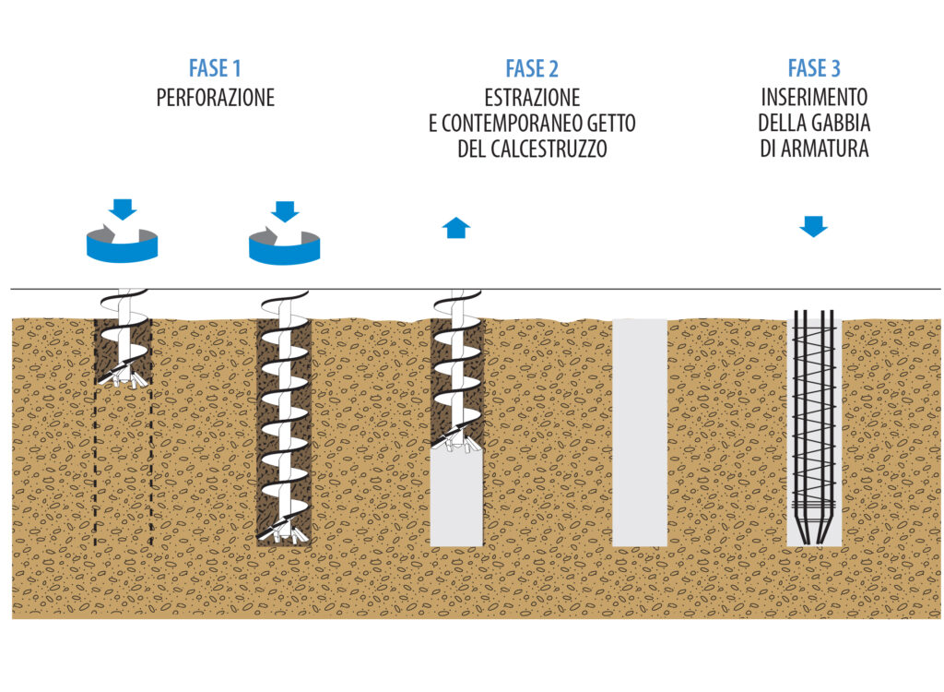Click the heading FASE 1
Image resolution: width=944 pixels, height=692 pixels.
pos(214,68)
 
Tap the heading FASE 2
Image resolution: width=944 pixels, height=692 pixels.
pos(532,68)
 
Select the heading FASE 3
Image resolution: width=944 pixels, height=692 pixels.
pos(814,68)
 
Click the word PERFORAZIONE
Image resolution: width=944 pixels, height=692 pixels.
pos(215,98)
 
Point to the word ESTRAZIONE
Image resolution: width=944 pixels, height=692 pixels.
pos(532,98)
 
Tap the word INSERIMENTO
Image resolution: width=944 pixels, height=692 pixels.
pos(814,97)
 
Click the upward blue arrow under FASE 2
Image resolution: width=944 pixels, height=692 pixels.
pos(456,227)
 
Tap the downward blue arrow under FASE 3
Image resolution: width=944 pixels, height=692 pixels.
pos(813,226)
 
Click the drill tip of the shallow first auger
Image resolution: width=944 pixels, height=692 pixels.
pos(124,376)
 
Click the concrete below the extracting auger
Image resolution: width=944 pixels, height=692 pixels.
pos(457,498)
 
